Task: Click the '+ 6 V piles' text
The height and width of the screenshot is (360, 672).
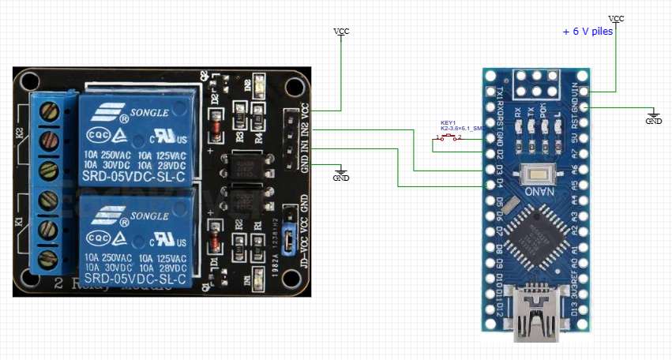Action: coord(588,32)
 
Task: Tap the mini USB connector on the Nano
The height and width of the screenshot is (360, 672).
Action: coord(538,316)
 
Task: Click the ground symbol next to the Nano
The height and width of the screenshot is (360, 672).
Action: coord(654,117)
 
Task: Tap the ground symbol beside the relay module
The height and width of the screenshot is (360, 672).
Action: coord(341,174)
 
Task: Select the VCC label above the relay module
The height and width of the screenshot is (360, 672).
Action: coord(341,32)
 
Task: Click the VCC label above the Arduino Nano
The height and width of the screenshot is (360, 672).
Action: coord(617,17)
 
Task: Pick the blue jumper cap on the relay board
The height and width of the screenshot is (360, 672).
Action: coord(289,237)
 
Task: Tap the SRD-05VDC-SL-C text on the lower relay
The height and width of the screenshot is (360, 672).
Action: coord(135,280)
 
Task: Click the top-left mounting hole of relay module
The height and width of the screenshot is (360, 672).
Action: coord(30,81)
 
